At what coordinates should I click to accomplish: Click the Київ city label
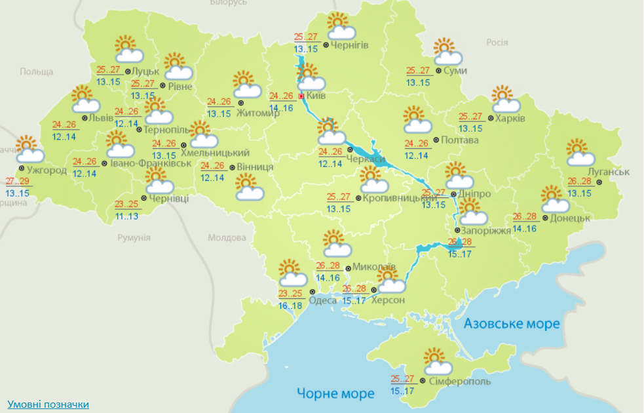[316, 96]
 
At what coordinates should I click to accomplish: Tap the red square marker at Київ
[301, 96]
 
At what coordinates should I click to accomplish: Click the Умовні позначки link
[48, 404]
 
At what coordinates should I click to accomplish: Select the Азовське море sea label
[512, 324]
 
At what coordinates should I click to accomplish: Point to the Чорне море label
[335, 393]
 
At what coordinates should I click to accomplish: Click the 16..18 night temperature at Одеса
[290, 305]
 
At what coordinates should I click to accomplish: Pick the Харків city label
[510, 119]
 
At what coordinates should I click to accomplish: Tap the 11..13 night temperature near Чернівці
[126, 216]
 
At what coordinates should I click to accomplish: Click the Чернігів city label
[350, 46]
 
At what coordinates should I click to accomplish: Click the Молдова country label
[225, 238]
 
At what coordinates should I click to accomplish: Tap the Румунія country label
[134, 238]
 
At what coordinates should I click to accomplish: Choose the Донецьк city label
[570, 218]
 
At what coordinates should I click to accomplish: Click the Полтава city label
[460, 140]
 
